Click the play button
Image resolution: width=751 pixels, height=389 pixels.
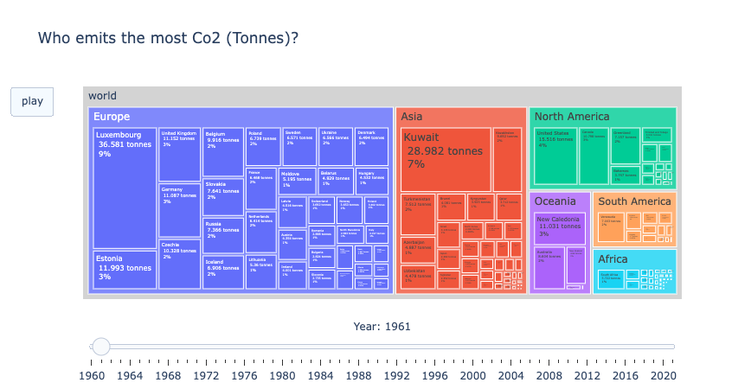[x=32, y=101]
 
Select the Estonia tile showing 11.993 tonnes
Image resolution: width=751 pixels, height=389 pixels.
[x=124, y=270]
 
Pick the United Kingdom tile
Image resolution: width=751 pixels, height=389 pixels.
[x=179, y=155]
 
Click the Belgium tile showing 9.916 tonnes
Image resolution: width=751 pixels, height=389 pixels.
[x=223, y=152]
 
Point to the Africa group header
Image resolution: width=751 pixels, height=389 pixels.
[x=613, y=258]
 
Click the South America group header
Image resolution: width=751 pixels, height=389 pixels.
[x=634, y=201]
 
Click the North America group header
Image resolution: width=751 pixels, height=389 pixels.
[x=572, y=117]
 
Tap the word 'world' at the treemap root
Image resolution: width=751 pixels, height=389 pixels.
[x=102, y=95]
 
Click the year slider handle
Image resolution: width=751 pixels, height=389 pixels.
[x=101, y=347]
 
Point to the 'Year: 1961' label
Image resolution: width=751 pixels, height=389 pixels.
[x=382, y=326]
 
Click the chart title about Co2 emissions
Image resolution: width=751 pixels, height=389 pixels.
[x=169, y=38]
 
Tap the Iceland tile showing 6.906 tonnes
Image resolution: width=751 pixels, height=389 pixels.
[x=223, y=271]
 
